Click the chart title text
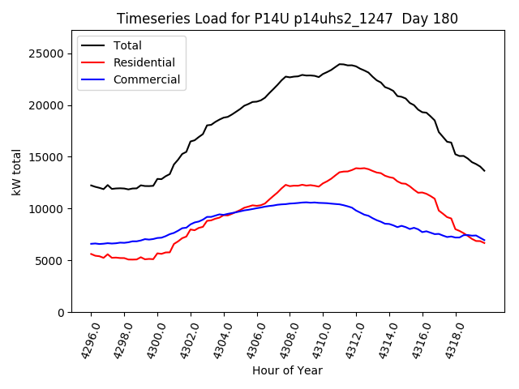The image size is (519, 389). tap(287, 19)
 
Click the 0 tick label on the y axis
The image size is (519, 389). tap(61, 313)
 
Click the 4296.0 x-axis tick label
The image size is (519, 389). tap(85, 340)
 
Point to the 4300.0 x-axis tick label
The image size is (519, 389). tap(152, 340)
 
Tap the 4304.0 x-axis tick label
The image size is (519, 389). tap(217, 340)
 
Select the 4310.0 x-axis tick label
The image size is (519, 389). tap(317, 340)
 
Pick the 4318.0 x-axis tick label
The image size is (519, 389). tap(449, 340)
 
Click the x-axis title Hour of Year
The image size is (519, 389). tap(287, 371)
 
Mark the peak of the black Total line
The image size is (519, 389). tap(341, 64)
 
